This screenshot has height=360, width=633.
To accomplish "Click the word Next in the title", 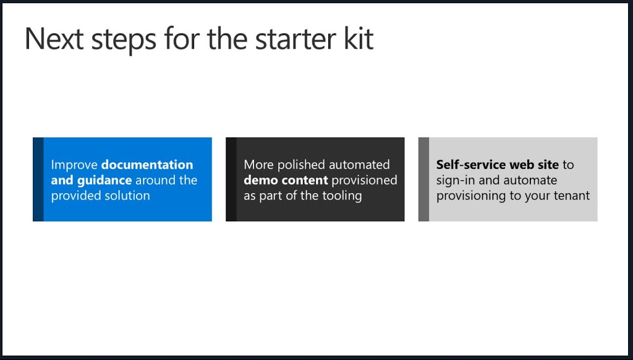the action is (54, 39).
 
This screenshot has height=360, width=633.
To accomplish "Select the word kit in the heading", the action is (359, 39).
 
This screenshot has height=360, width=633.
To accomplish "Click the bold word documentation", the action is (147, 165).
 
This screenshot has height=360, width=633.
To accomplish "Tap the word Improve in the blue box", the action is (74, 165).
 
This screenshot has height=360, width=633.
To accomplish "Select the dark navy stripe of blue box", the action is (38, 179).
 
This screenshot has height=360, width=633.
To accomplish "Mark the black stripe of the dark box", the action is (231, 179).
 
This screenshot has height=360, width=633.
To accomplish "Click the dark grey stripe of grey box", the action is (423, 179).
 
